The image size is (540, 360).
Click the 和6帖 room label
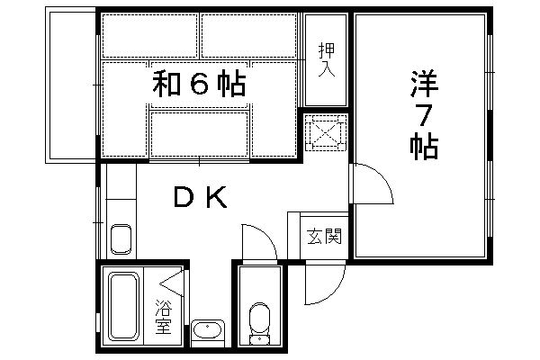199,84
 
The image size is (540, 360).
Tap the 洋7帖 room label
424,115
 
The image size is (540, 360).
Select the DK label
201,197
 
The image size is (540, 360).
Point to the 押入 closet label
326,59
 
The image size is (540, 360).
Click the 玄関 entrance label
324,237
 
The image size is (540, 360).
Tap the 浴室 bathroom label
163,318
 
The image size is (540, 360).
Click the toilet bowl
260,323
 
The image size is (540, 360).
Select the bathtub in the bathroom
123,306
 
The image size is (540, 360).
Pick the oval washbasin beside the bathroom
208,330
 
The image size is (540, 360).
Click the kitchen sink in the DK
121,239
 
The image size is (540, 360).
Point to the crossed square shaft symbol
326,133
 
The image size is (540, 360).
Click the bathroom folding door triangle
171,283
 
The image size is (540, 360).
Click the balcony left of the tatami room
70,85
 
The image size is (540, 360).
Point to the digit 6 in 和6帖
200,84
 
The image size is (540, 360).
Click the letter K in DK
217,197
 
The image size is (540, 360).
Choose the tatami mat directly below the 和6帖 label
200,134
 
